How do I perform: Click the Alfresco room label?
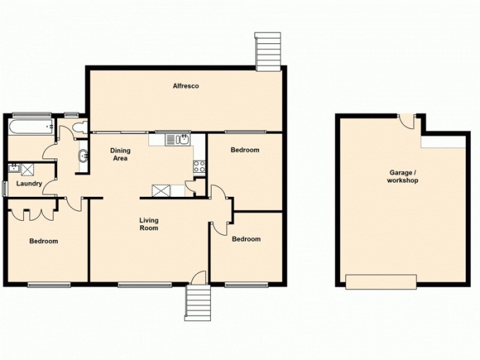(x=186, y=86)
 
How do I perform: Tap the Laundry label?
(x=29, y=184)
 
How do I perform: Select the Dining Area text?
(x=121, y=154)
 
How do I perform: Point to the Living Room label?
(x=149, y=224)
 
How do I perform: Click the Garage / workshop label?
(x=403, y=176)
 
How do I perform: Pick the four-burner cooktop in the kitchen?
(x=199, y=166)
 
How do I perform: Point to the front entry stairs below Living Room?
(x=199, y=304)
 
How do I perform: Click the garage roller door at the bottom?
(x=381, y=281)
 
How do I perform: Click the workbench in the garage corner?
(x=444, y=142)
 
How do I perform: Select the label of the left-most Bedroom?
(x=44, y=241)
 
